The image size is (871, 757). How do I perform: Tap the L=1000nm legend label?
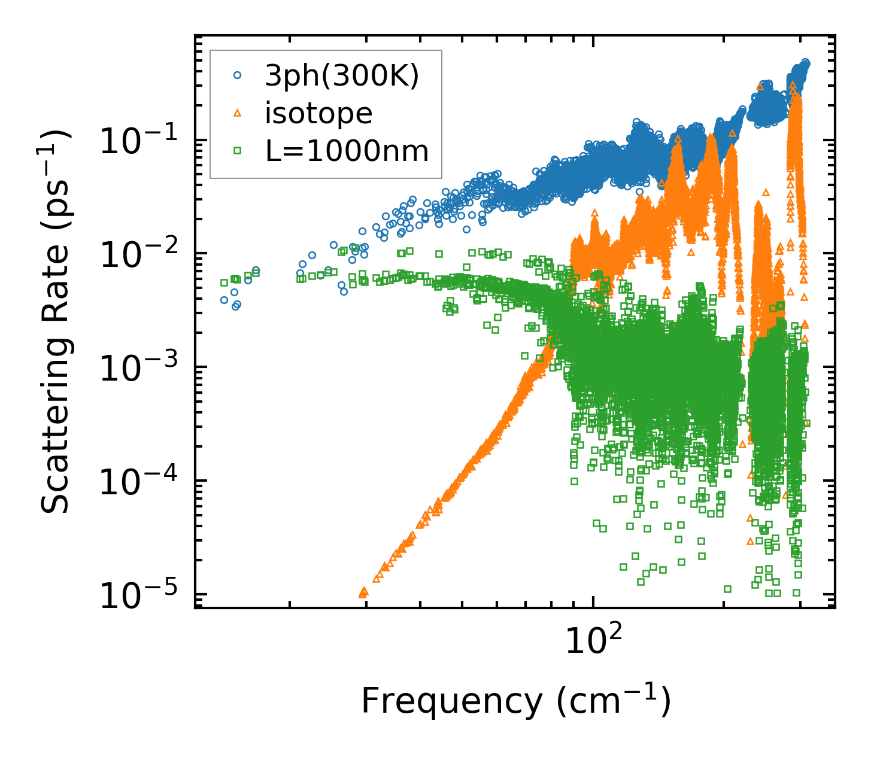click(347, 151)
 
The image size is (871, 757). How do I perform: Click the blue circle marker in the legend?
click(238, 75)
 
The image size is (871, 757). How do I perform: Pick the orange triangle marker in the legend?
click(238, 113)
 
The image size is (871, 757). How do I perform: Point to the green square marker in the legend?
click(238, 151)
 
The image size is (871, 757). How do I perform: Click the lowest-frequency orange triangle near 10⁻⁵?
click(362, 593)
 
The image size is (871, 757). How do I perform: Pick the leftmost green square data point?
click(224, 282)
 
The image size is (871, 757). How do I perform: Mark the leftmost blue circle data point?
click(224, 300)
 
